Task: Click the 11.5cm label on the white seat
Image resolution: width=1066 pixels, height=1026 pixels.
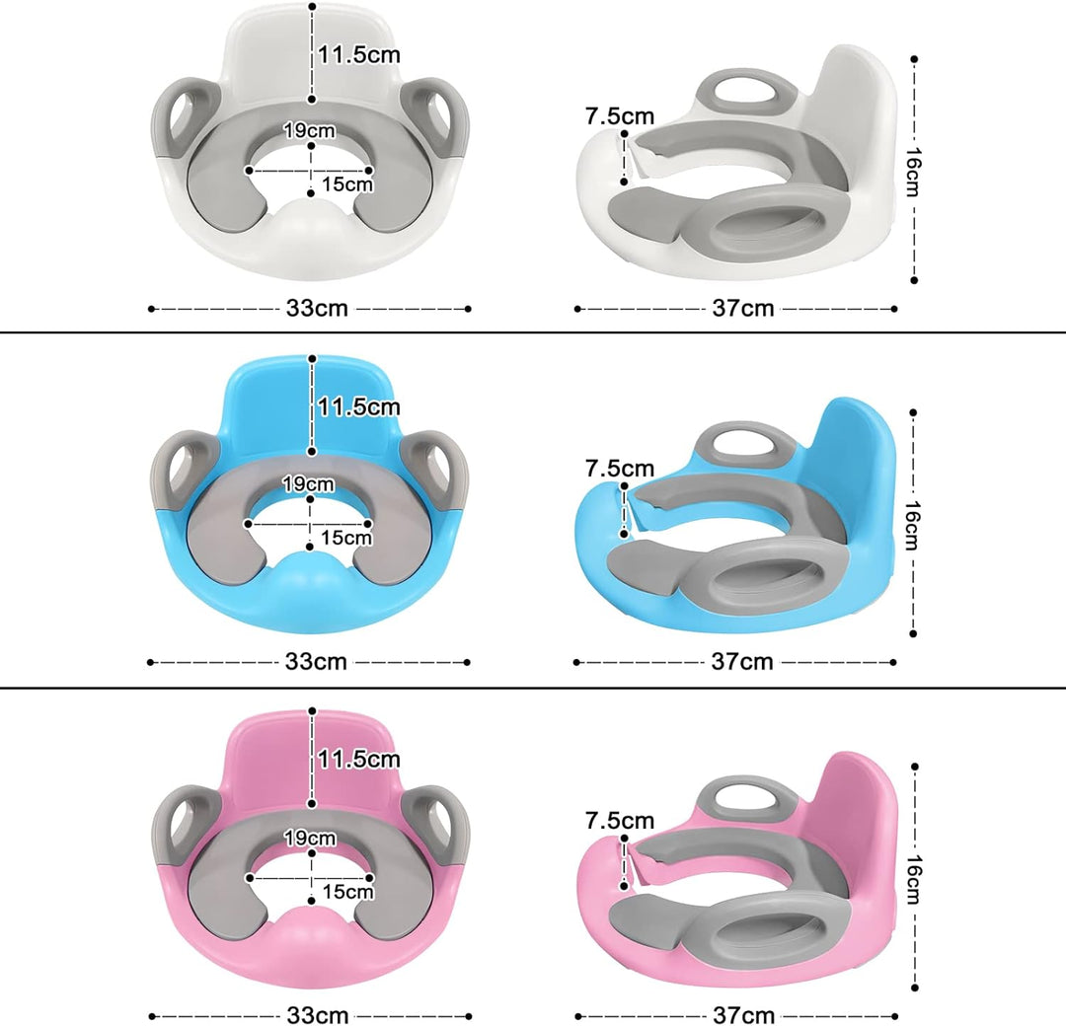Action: (x=359, y=54)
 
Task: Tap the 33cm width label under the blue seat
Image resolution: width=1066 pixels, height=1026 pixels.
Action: (x=316, y=661)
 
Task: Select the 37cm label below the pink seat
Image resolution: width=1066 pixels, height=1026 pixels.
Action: (x=744, y=1015)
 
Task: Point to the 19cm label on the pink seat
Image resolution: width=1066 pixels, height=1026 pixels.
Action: (x=310, y=839)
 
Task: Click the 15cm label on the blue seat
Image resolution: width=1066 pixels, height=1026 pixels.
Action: (x=346, y=538)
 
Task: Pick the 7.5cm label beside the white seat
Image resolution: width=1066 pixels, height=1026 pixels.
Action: (x=619, y=116)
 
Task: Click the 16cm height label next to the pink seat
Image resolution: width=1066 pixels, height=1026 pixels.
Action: (x=914, y=879)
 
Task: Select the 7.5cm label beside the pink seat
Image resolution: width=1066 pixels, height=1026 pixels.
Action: (x=619, y=821)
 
